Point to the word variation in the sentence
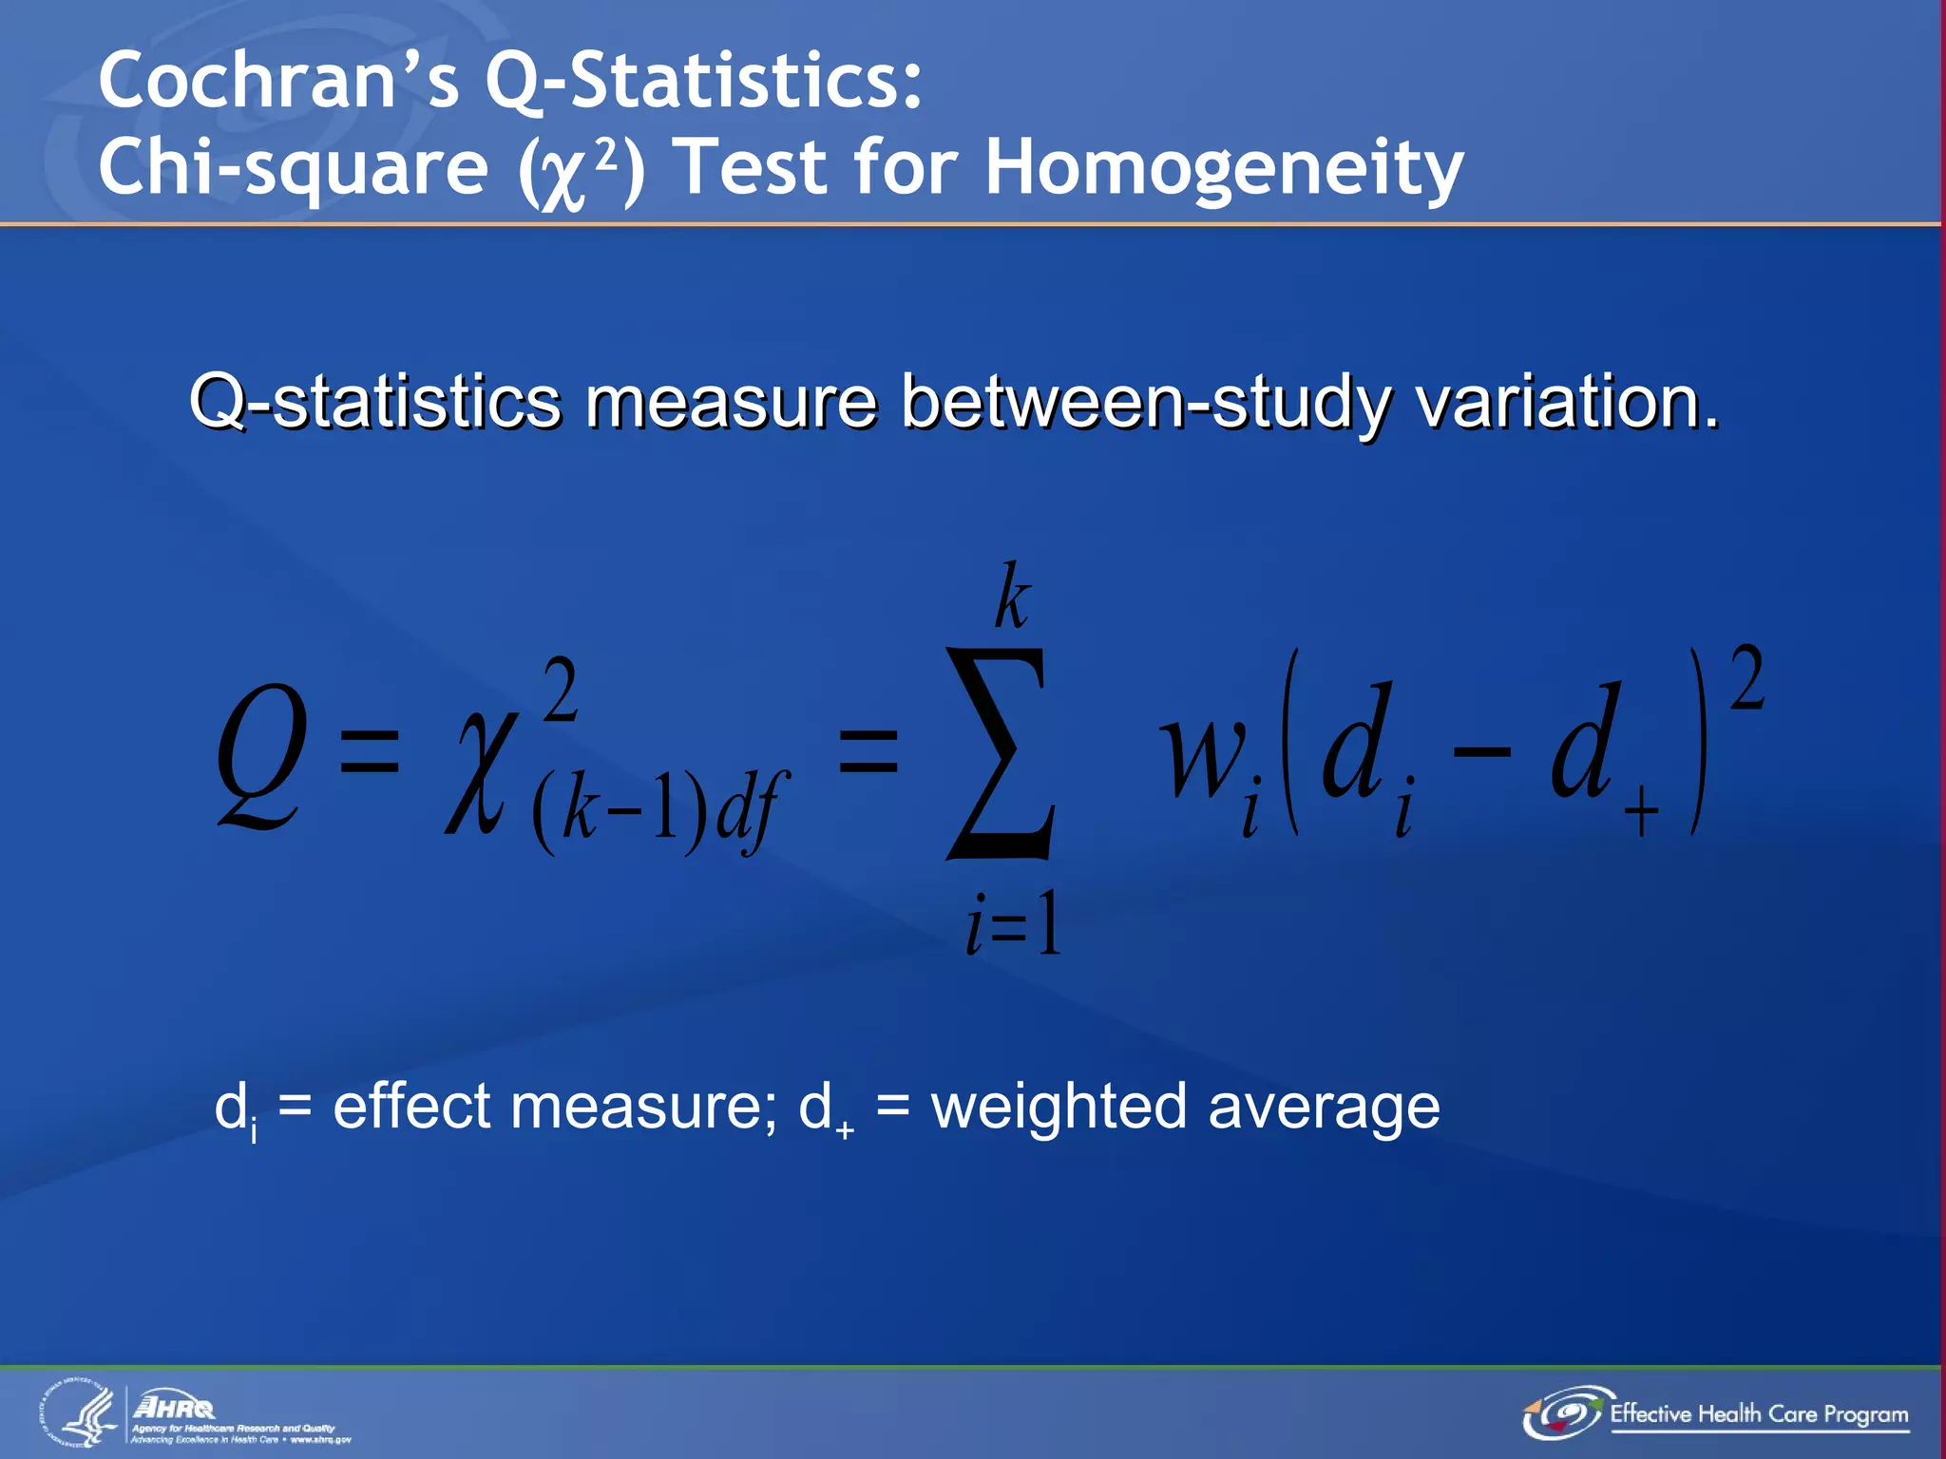[x=1567, y=403]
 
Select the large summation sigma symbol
[x=1000, y=755]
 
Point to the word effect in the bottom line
[x=410, y=1108]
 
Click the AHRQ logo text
[x=175, y=1407]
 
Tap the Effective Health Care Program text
[x=1758, y=1414]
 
